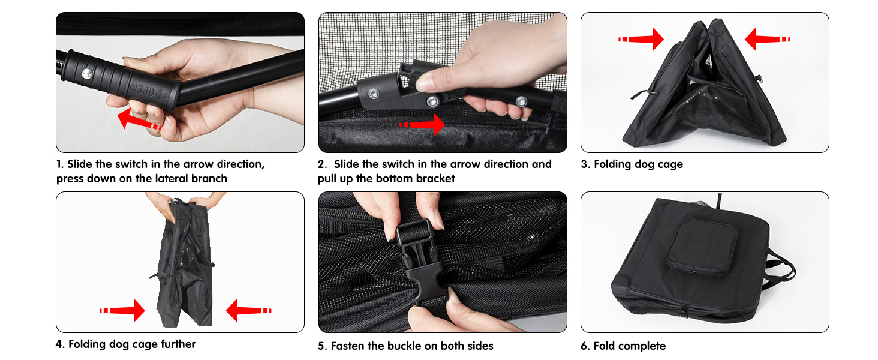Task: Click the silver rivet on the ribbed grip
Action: click(x=86, y=74)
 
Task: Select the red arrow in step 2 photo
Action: click(x=422, y=125)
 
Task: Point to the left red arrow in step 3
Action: click(x=641, y=39)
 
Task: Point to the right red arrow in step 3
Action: click(x=768, y=39)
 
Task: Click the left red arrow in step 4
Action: click(x=122, y=311)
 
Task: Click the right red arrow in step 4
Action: click(x=249, y=311)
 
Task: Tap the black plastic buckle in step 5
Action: click(x=419, y=259)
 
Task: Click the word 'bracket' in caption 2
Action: click(x=435, y=178)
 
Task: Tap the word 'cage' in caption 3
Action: click(x=670, y=165)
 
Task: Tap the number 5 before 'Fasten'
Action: click(x=322, y=346)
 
